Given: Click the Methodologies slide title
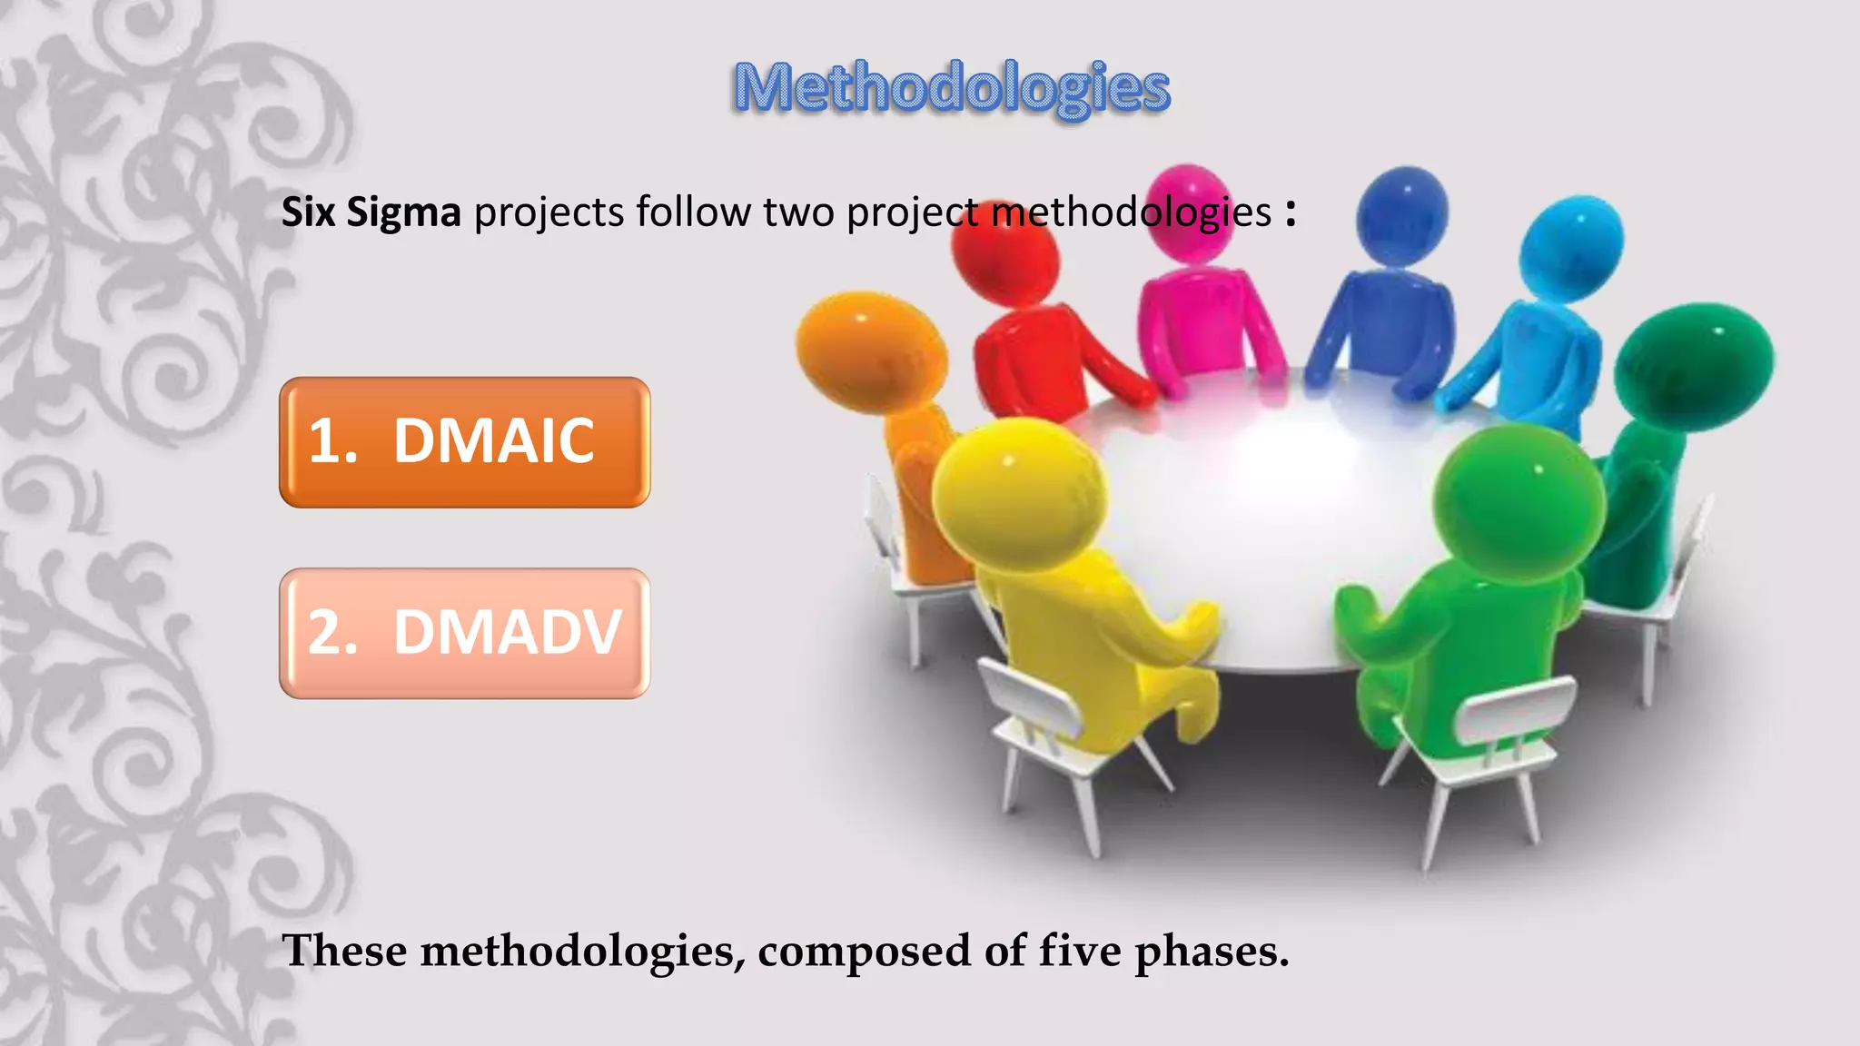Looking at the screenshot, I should point(951,88).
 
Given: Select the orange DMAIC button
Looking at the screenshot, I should point(464,442).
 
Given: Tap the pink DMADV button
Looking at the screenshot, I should point(464,633).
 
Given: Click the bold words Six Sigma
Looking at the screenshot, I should point(371,212).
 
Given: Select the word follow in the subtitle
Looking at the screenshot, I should point(693,212).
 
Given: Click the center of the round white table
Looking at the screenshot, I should point(1271,508).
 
